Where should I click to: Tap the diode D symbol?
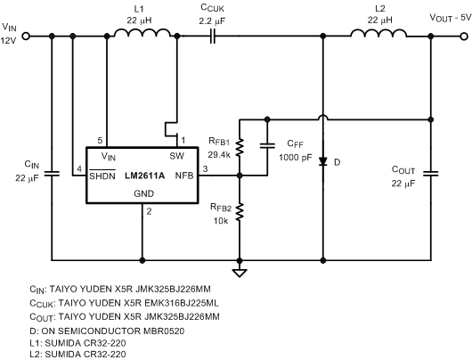(x=322, y=160)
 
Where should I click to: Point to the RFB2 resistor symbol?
(x=239, y=210)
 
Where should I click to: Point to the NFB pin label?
(x=184, y=176)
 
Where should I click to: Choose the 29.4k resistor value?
(x=218, y=154)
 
